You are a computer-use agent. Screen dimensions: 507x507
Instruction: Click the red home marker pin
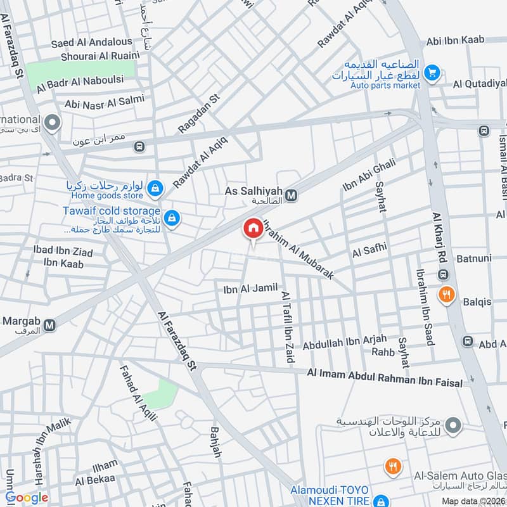(253, 229)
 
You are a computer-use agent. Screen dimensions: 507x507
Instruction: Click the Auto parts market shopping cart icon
(432, 73)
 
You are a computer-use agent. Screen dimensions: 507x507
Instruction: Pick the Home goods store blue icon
(156, 188)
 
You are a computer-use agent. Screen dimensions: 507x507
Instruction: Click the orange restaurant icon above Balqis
(447, 295)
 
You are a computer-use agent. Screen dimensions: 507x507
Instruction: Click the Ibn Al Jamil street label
(250, 289)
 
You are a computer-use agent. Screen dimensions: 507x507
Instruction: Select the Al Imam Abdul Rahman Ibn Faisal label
(385, 378)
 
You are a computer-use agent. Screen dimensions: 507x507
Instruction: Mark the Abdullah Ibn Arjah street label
(340, 343)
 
